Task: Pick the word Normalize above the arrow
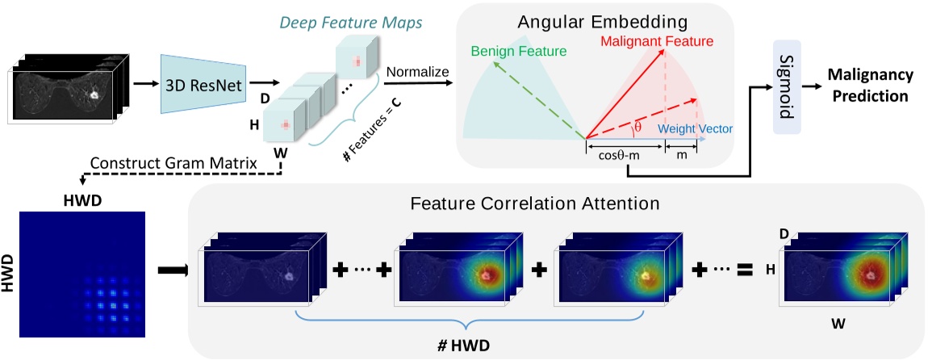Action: (417, 72)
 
